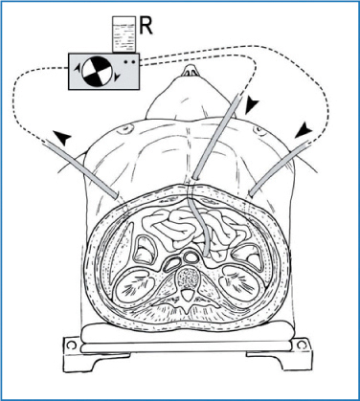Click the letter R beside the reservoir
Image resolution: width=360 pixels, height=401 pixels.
146,26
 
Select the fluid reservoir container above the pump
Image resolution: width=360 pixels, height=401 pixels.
124,34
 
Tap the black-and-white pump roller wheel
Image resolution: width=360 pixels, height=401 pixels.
97,71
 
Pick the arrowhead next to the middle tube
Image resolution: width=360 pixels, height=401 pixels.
252,106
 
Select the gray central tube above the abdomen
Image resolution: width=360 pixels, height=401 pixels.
216,136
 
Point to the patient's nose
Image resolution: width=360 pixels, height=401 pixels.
191,71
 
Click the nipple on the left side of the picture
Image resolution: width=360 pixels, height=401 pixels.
125,129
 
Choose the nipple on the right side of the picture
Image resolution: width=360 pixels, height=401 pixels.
258,129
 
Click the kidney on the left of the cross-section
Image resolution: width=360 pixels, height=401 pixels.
135,286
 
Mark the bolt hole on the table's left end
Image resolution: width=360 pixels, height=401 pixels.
72,345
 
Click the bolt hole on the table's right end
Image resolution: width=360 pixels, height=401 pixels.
301,345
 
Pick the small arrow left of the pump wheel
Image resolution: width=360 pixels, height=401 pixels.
78,69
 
